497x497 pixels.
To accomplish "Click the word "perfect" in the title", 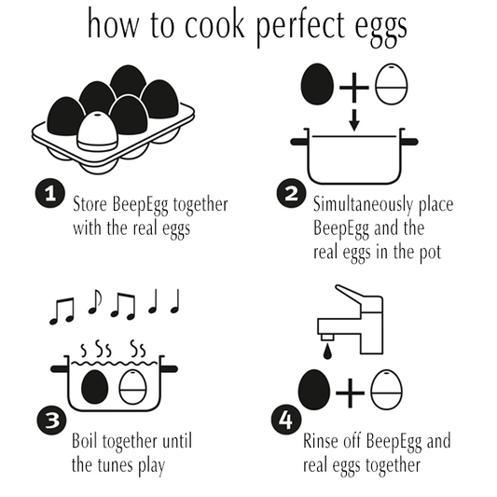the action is point(299,27).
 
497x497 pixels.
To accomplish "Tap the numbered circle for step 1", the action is point(50,193).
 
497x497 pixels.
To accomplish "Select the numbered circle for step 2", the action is point(291,193).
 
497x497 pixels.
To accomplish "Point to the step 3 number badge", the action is point(51,421).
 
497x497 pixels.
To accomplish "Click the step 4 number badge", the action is point(286,421).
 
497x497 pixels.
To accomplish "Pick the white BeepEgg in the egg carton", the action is point(97,131).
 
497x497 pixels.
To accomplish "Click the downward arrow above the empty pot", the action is point(354,120).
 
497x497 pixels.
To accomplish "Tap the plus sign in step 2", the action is point(354,87).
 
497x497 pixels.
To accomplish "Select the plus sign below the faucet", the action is point(350,393).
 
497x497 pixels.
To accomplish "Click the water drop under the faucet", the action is point(327,352).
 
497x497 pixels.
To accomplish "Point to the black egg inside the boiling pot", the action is point(95,387).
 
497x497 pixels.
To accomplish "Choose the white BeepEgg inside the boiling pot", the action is point(132,387).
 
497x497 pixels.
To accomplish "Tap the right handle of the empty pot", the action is point(409,142).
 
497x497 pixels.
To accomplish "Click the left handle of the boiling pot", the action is point(60,369).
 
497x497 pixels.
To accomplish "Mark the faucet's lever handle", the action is point(349,296).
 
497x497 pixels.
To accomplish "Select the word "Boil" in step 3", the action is point(84,441).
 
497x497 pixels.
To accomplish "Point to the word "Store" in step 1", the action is point(90,204).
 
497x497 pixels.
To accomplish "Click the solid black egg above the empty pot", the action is point(317,84).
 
